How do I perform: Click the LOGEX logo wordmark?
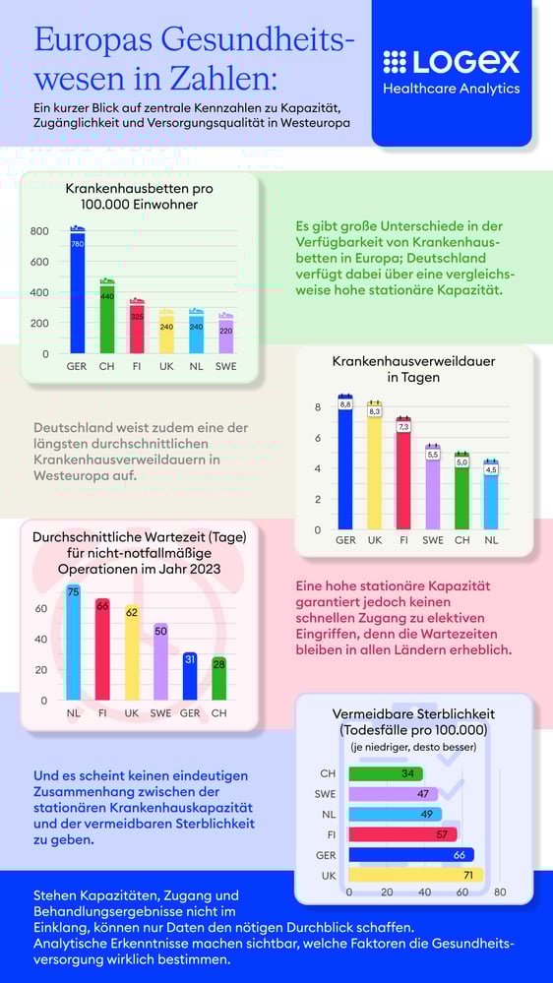coord(451,62)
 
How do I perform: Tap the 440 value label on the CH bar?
coord(107,296)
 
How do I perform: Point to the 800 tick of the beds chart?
coord(39,231)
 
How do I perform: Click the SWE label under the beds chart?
coord(226,368)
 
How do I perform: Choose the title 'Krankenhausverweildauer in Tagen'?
coord(413,369)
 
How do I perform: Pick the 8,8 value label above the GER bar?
coord(345,403)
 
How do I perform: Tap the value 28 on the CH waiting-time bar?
coord(218,665)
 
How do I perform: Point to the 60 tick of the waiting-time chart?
coord(40,609)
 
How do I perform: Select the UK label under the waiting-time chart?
coord(131,712)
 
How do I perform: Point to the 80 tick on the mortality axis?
coord(500,891)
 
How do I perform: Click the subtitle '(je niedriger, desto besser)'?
coord(414,747)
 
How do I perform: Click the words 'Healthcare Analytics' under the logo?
coord(451,90)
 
